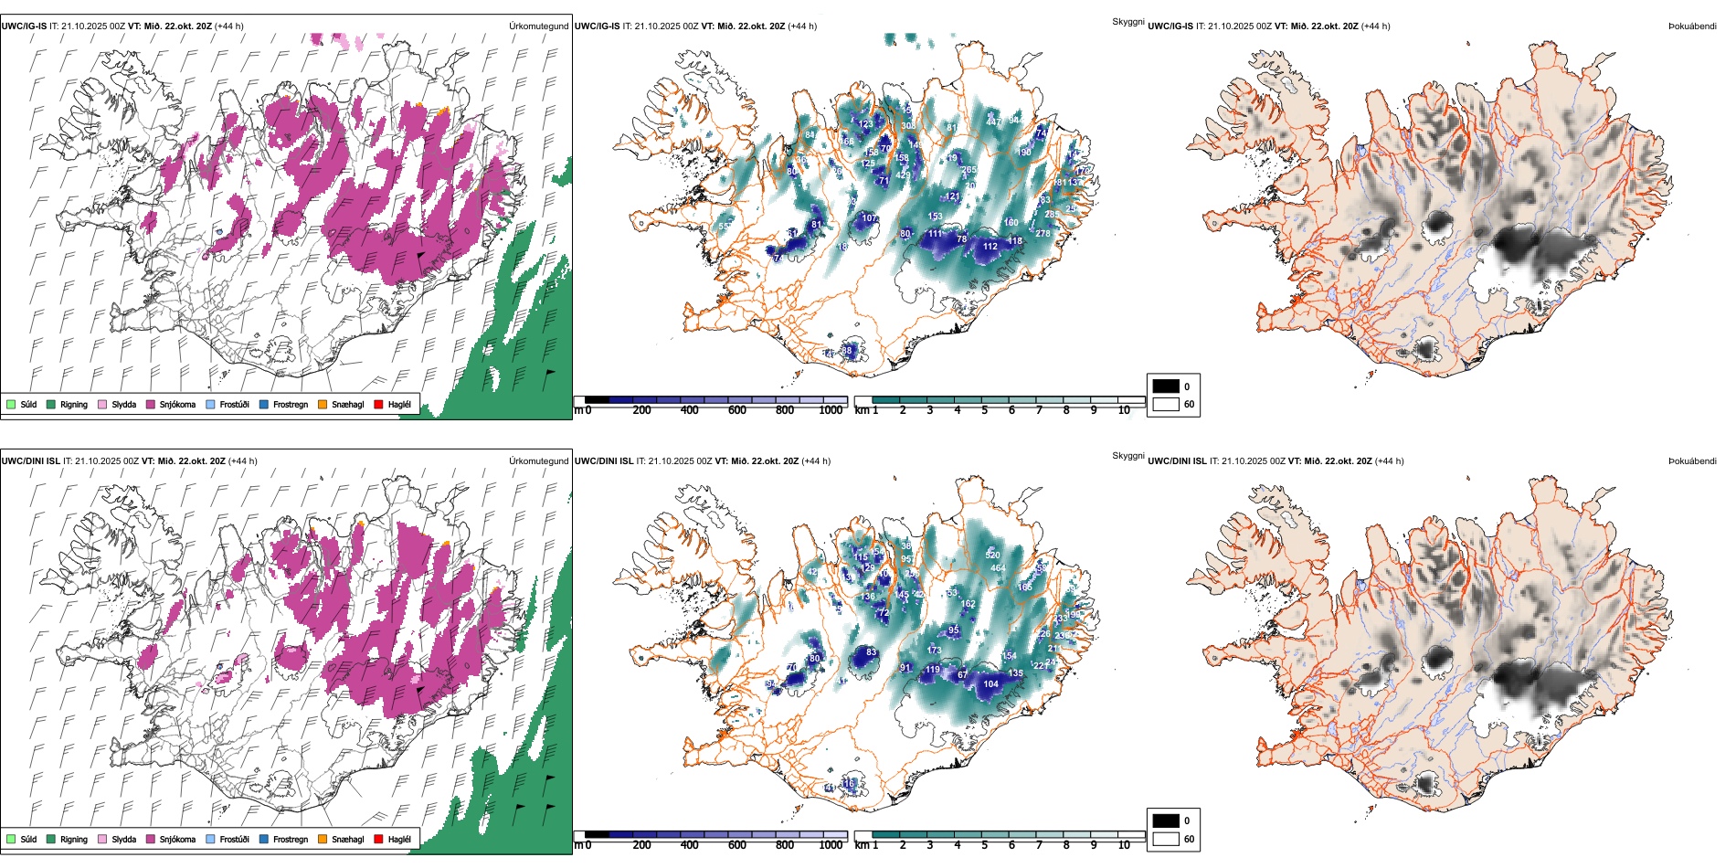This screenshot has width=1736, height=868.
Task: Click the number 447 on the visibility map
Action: coord(994,122)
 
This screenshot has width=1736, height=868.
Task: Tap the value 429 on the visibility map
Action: coord(903,175)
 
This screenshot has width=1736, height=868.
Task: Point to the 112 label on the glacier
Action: coord(990,246)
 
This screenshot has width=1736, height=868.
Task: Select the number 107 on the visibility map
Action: coord(870,218)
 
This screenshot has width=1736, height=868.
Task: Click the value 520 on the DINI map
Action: coord(993,555)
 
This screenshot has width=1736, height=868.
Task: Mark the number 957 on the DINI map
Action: coord(908,559)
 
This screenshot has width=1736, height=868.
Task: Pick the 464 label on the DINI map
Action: coord(998,567)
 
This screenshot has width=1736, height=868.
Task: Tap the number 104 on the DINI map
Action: coord(990,683)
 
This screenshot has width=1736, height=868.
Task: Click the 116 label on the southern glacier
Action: coord(849,783)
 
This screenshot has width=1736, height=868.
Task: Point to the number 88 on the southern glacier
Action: coord(847,350)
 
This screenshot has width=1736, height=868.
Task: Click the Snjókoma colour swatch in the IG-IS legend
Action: coord(151,404)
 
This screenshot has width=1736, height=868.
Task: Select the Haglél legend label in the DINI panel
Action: coord(399,839)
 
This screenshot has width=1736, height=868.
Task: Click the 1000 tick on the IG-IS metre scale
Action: coord(831,410)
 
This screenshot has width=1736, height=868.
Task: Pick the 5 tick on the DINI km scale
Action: coord(984,845)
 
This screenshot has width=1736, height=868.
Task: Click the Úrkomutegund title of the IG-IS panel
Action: coord(538,26)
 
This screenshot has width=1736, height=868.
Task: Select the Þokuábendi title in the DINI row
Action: coord(1692,460)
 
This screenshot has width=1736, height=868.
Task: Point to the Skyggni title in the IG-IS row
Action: coord(1127,21)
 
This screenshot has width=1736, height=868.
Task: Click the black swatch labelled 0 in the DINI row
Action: coord(1166,820)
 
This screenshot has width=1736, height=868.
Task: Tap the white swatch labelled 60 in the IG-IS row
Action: coord(1166,404)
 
